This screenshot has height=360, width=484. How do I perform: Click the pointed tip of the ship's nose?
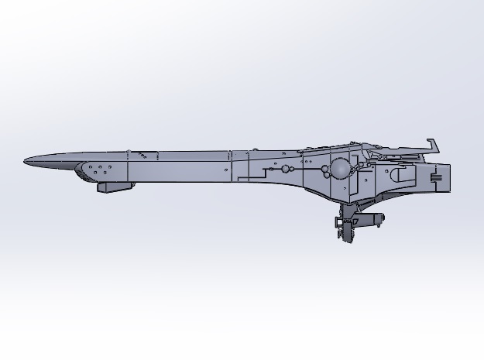click(26, 162)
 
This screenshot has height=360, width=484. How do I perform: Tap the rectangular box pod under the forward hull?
click(115, 186)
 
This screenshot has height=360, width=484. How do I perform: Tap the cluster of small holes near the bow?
click(101, 168)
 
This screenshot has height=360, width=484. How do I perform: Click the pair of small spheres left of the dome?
click(287, 168)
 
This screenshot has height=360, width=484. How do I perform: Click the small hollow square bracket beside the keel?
click(338, 222)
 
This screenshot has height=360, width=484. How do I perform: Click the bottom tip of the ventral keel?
click(346, 240)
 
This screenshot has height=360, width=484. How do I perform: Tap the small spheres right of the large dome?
click(360, 166)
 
